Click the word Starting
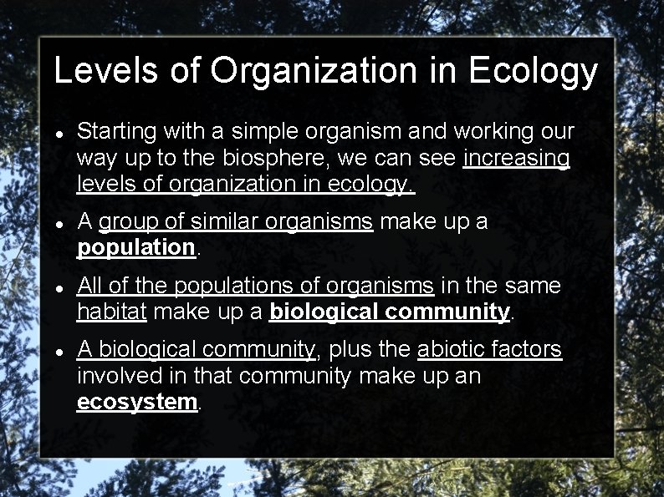click(116, 132)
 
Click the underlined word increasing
click(516, 157)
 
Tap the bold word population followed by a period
click(135, 247)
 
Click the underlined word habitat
click(112, 312)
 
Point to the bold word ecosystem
click(136, 401)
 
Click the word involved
click(117, 375)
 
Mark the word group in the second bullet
click(126, 222)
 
